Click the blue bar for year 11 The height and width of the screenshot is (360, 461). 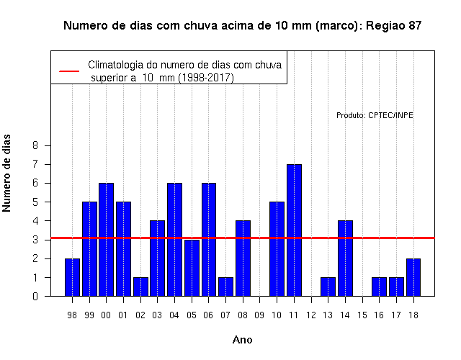point(295,230)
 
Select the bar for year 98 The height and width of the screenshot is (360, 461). point(72,277)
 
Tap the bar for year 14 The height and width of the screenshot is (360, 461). point(346,258)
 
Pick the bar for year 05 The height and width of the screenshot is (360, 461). point(192,268)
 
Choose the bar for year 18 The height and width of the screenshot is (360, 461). point(413,277)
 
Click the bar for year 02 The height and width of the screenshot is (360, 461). point(141,287)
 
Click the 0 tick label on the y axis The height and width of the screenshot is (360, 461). point(35,296)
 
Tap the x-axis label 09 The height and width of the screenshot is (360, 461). point(259,315)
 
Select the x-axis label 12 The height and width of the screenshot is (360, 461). point(311,315)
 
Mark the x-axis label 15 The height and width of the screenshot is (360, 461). point(362,315)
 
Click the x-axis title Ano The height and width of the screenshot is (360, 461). point(243,340)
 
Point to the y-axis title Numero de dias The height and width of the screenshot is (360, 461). point(6,173)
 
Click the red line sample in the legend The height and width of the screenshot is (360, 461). point(69,71)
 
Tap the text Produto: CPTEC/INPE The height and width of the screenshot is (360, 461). point(375,115)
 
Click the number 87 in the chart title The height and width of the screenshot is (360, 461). point(415,26)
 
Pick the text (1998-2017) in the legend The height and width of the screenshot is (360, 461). point(207,78)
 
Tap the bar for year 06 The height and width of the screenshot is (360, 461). point(209,240)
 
